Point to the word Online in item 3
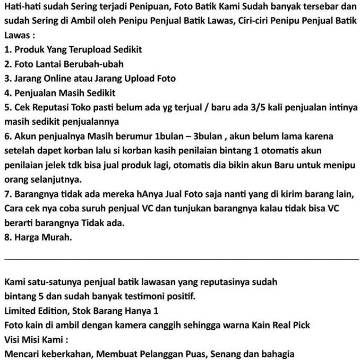click(60, 79)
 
